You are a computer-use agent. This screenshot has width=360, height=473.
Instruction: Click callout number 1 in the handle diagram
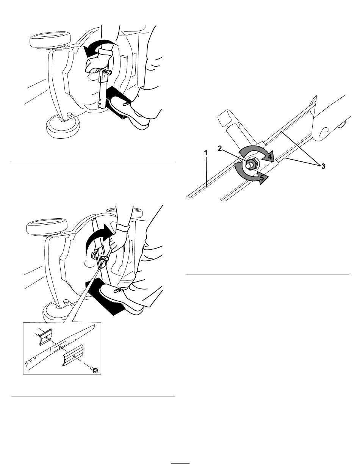(x=206, y=153)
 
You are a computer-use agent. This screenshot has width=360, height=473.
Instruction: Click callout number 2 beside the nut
(x=220, y=149)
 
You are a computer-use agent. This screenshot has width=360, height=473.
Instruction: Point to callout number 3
(x=323, y=166)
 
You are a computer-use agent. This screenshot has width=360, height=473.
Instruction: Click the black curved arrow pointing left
(x=98, y=47)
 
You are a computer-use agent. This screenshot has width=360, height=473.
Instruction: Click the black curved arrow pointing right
(x=98, y=237)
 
